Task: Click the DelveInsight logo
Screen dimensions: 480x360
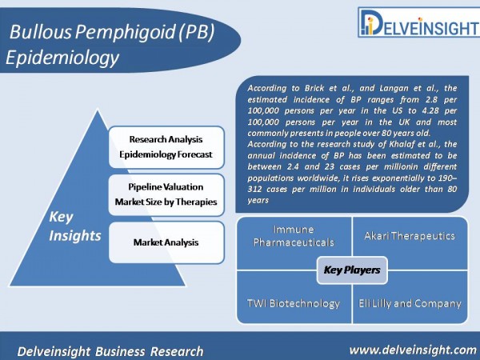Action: point(418,22)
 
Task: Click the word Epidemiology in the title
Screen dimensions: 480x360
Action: point(62,58)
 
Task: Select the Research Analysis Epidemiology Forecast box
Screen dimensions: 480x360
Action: point(166,147)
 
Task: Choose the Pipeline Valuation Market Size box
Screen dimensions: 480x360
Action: point(166,194)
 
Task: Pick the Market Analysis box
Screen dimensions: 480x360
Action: point(166,242)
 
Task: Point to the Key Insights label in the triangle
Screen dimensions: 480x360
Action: point(74,226)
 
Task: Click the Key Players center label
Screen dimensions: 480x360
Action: point(352,270)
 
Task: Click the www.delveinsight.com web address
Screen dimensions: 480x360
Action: point(413,350)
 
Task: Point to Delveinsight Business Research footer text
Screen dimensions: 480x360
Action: point(110,351)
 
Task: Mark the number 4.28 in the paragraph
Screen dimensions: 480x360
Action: point(429,110)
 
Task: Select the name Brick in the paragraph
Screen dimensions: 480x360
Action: point(314,88)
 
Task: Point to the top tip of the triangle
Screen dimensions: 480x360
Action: point(98,109)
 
